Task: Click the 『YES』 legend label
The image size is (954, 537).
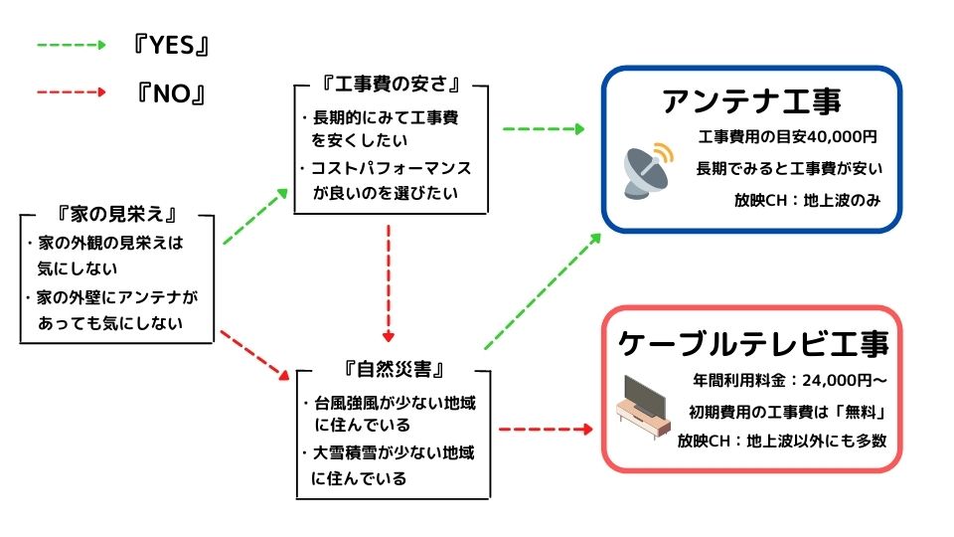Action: [x=171, y=45]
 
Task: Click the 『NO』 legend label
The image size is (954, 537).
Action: [x=171, y=93]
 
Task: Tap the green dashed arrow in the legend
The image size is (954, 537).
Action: [x=72, y=45]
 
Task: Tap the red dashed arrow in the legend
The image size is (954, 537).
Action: [x=72, y=92]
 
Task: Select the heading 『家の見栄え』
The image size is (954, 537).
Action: [x=117, y=215]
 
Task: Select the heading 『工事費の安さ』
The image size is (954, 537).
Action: [x=391, y=84]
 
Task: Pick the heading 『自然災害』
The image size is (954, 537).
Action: [x=394, y=368]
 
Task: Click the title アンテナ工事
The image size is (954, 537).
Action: [x=751, y=101]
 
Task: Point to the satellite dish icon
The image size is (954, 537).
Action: [x=648, y=170]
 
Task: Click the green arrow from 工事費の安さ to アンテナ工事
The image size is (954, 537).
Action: [x=544, y=128]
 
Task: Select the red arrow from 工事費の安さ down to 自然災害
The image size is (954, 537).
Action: [x=389, y=283]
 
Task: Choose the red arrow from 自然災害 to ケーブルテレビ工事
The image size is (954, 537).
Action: [x=546, y=430]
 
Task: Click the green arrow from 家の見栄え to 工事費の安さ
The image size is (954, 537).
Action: [x=255, y=216]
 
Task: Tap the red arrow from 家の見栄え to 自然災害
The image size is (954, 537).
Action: [x=255, y=356]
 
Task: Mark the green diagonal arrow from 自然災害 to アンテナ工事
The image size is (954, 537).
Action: [x=543, y=291]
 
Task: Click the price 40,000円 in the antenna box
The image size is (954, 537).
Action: [x=842, y=137]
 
